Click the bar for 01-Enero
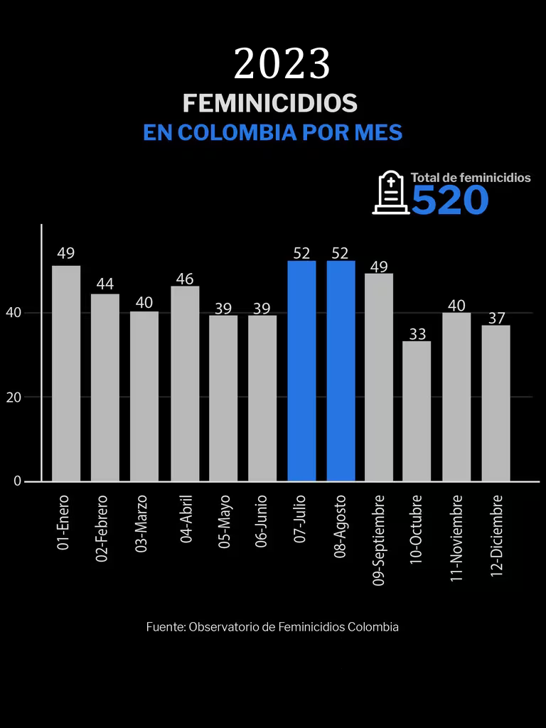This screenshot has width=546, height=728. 66,373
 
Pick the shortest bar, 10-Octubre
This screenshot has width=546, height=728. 417,411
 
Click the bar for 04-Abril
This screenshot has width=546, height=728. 185,384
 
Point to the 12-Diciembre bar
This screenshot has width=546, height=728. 496,403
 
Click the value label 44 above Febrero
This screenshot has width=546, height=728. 105,284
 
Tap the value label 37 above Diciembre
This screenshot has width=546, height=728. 496,317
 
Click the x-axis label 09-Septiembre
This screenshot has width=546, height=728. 379,540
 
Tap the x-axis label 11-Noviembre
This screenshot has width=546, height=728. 457,538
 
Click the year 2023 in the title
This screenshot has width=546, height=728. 282,64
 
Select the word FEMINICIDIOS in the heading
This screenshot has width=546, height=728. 270,103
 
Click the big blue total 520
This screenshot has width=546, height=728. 450,200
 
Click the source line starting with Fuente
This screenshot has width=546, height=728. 272,627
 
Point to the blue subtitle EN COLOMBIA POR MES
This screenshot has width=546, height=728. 272,133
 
